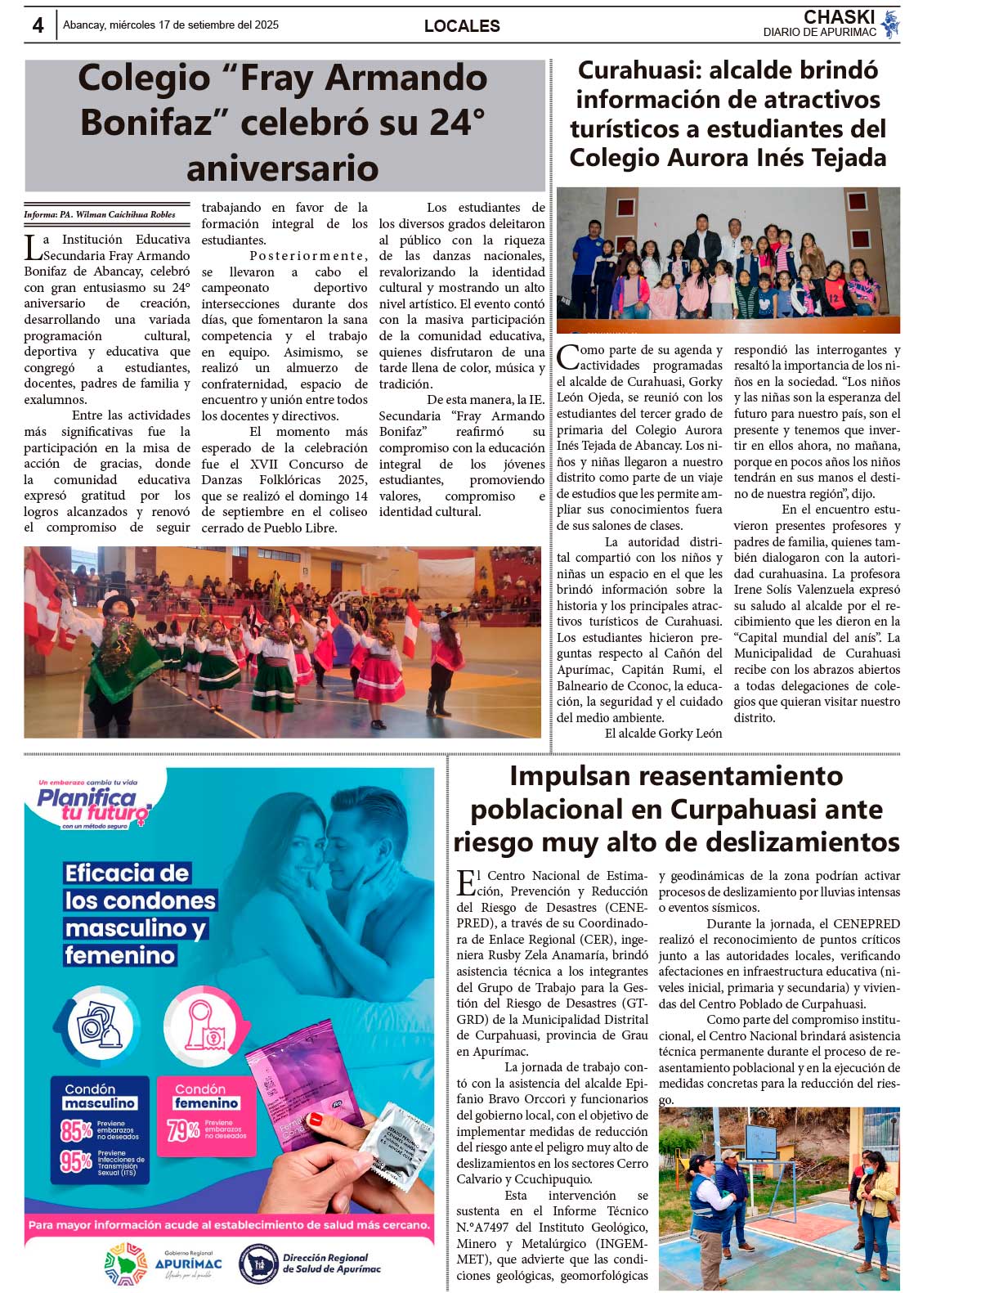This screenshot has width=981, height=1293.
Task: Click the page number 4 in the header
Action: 38,25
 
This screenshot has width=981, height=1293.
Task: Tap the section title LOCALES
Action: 462,26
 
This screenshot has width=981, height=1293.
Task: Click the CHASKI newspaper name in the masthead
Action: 839,17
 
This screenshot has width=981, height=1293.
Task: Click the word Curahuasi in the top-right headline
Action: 636,70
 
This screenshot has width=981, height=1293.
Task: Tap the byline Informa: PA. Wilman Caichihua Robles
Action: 100,215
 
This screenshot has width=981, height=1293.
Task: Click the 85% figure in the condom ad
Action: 76,1130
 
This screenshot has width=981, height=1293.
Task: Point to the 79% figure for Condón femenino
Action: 184,1130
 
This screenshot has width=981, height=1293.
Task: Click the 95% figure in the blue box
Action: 76,1161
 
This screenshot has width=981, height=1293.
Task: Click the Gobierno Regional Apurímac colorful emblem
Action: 126,1264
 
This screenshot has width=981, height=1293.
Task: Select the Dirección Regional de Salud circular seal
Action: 257,1264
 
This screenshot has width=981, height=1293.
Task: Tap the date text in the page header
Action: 171,25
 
